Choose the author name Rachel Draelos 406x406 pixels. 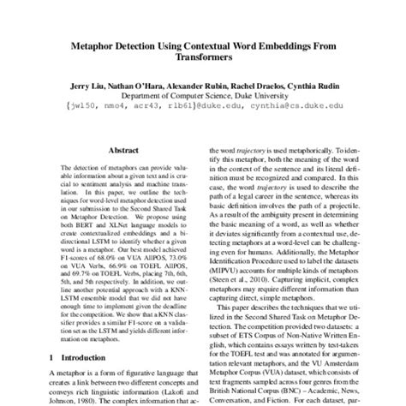point(273,87)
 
